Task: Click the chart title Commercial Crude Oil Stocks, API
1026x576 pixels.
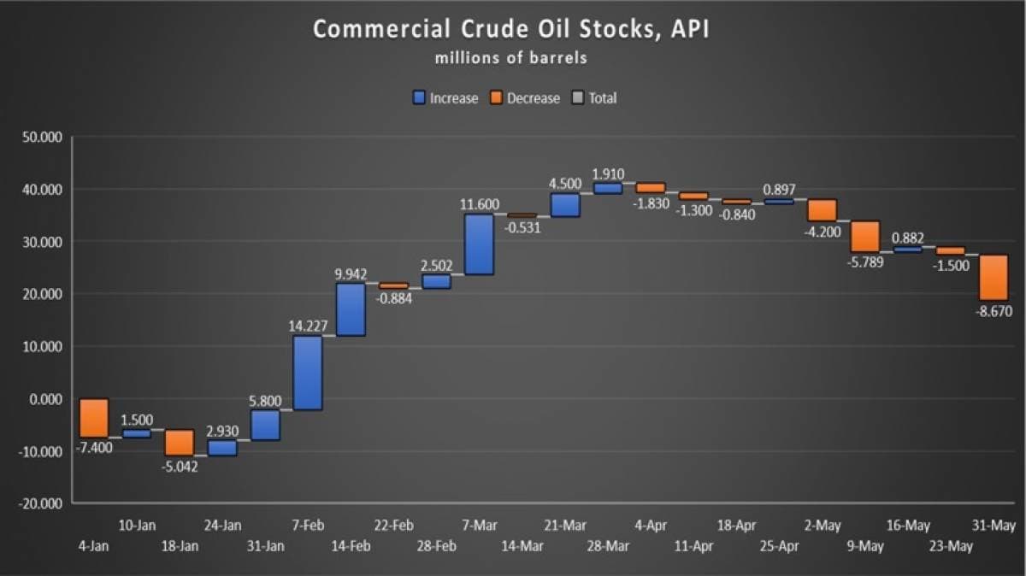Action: pyautogui.click(x=510, y=29)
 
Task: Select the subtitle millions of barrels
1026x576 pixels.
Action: pyautogui.click(x=510, y=58)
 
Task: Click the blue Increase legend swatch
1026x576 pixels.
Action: pyautogui.click(x=419, y=98)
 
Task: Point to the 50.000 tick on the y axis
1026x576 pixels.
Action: pyautogui.click(x=39, y=137)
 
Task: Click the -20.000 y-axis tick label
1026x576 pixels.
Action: pyautogui.click(x=39, y=503)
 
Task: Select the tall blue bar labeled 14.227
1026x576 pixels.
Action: pyautogui.click(x=308, y=373)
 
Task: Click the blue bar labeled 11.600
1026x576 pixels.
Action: pyautogui.click(x=479, y=244)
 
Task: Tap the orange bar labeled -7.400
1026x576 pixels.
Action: pyautogui.click(x=94, y=418)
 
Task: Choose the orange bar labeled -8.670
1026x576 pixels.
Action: pyautogui.click(x=994, y=277)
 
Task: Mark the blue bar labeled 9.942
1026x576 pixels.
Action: pyautogui.click(x=351, y=309)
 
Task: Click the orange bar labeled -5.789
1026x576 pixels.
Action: pyautogui.click(x=865, y=237)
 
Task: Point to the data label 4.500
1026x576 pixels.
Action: pyautogui.click(x=565, y=184)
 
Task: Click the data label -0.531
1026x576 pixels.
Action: pyautogui.click(x=522, y=227)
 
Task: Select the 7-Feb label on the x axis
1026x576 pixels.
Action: pyautogui.click(x=308, y=526)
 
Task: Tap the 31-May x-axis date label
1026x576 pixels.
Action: pyautogui.click(x=994, y=526)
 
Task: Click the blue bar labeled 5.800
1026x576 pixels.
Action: pyautogui.click(x=265, y=425)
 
